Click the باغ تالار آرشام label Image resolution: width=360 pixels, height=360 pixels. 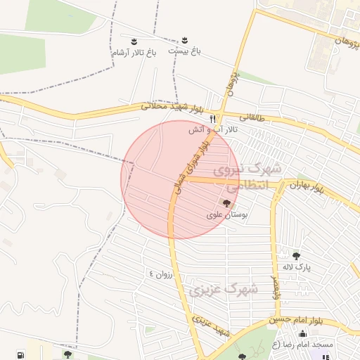[x=133, y=53]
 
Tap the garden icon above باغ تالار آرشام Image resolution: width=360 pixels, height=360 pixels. [x=134, y=41]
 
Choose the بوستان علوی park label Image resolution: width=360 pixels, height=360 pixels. [x=224, y=214]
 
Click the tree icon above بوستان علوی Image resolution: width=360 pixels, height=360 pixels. [x=226, y=202]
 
